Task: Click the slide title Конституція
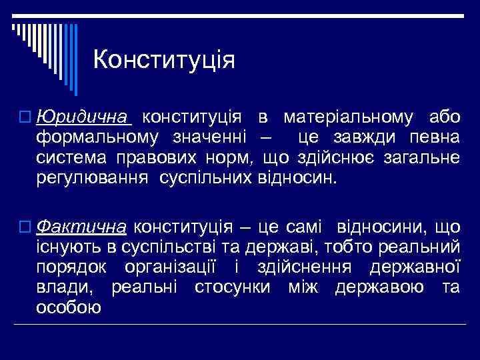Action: (164, 60)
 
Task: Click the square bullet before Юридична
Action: (25, 118)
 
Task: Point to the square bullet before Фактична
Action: (25, 227)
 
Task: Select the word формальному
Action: (98, 137)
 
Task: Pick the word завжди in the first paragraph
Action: (369, 137)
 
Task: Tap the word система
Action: (77, 158)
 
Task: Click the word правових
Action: (158, 158)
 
